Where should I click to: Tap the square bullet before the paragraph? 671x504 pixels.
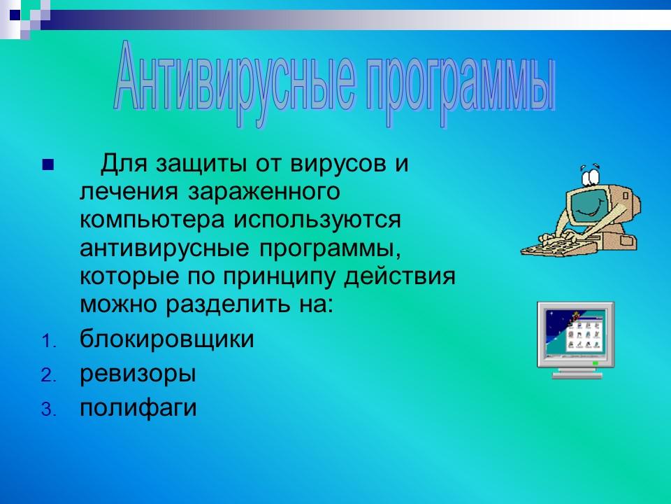coord(48,167)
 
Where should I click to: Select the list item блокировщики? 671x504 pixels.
coord(166,340)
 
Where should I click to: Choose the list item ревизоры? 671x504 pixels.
coord(137,374)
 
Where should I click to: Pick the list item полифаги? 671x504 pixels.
coord(138,407)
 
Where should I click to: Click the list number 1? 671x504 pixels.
coord(47,342)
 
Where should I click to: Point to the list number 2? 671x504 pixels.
coord(47,376)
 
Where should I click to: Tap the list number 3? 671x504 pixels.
coord(47,409)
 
